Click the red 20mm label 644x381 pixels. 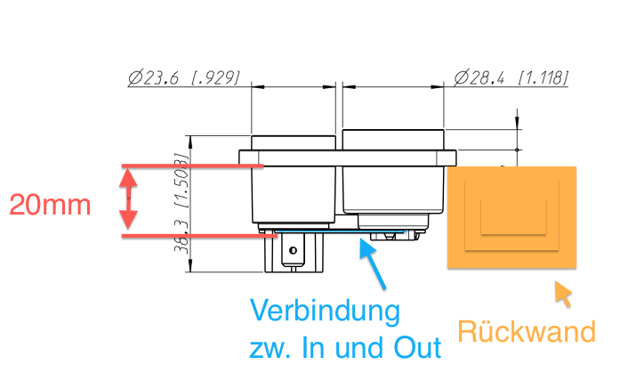tap(50, 205)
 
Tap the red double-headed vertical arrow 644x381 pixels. tap(128, 199)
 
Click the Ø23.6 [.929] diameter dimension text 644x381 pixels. tap(183, 77)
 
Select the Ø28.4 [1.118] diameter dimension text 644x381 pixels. tap(511, 77)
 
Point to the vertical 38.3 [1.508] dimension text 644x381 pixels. tap(182, 203)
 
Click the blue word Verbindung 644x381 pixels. tap(325, 311)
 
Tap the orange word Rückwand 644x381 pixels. tap(527, 331)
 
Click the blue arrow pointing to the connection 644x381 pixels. tap(374, 263)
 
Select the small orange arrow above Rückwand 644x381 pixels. tap(563, 294)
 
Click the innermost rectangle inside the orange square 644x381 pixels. tap(513, 216)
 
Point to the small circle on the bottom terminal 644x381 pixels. tap(293, 250)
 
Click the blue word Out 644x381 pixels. tap(418, 348)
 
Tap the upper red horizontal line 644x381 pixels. tap(192, 166)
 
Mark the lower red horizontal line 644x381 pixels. tap(199, 236)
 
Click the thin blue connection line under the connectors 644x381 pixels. tap(341, 231)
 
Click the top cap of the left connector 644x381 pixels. tap(294, 143)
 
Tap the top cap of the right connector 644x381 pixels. tap(393, 140)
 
